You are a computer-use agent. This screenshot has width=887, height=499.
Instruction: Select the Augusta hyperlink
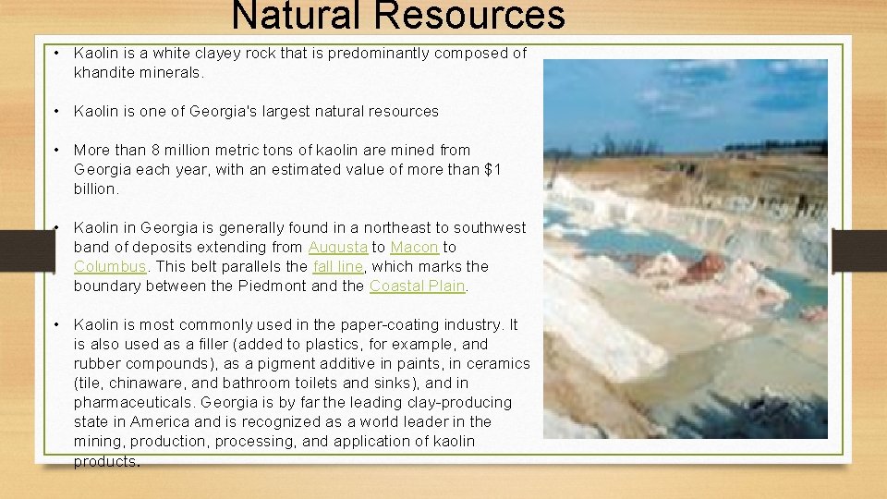(337, 247)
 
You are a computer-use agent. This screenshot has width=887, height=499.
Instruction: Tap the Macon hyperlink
(415, 247)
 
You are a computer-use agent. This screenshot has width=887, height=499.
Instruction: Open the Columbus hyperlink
(109, 266)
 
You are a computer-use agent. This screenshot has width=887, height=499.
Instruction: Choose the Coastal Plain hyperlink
(417, 286)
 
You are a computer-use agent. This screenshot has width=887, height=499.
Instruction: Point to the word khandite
(104, 72)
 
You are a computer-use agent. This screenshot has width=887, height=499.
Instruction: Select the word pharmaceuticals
(134, 402)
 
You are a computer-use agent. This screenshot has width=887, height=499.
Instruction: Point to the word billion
(95, 189)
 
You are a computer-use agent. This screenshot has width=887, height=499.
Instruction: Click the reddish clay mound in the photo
(703, 267)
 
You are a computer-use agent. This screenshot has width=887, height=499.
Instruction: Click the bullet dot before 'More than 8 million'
(57, 150)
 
